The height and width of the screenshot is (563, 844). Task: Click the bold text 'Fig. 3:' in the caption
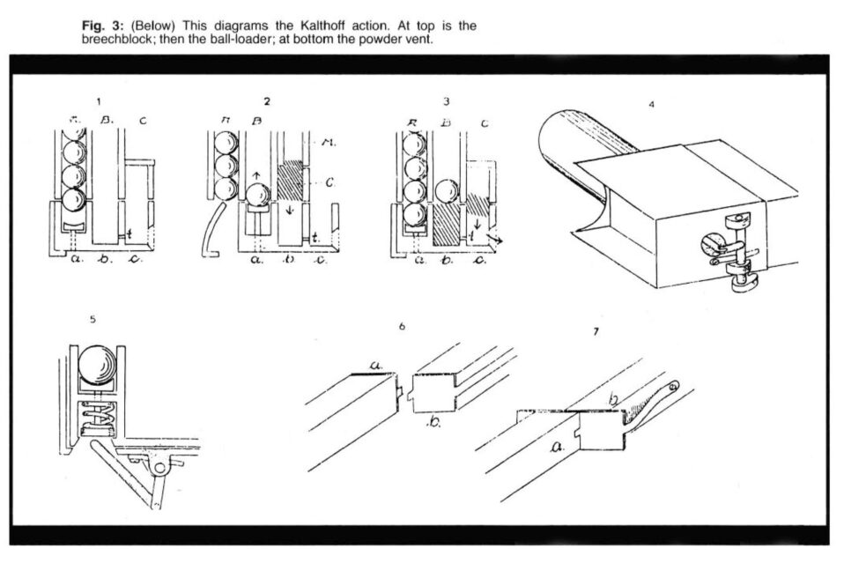[100, 26]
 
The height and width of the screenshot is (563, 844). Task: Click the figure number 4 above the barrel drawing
[650, 104]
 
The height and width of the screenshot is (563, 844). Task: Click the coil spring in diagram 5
[96, 414]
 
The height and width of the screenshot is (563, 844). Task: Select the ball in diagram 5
[97, 362]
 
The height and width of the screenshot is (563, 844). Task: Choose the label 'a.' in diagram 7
[557, 447]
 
